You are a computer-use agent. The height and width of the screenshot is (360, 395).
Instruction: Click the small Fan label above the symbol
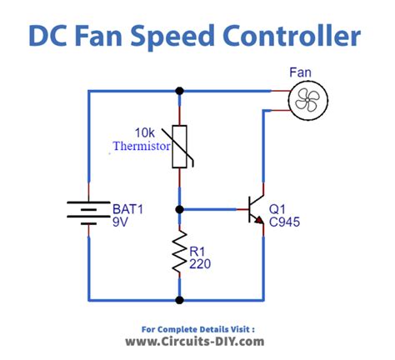point(302,73)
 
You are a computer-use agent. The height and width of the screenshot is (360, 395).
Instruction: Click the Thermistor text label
point(142,146)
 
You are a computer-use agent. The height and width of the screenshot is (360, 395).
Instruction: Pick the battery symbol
point(88,211)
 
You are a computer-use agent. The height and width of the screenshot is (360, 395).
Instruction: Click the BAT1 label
point(128,208)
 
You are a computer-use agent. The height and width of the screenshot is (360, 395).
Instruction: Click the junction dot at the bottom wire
point(179,298)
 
